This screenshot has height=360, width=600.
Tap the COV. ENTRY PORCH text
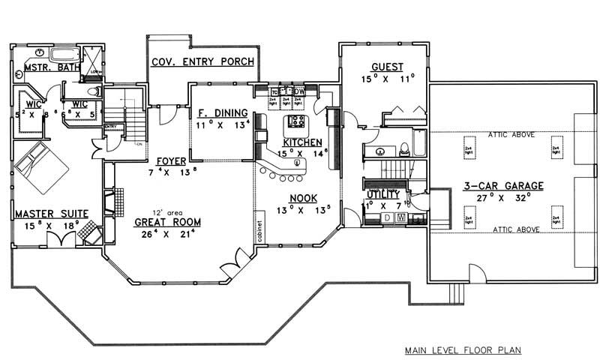202,61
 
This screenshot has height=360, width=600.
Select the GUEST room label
382,66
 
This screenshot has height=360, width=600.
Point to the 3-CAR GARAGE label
504,186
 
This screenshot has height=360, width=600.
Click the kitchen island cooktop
295,121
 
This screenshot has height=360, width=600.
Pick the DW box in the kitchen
298,92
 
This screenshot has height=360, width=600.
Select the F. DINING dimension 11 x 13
221,125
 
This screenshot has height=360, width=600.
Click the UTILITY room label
382,194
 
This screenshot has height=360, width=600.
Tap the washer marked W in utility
401,218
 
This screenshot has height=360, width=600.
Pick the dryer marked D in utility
387,218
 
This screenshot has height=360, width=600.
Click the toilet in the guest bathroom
403,148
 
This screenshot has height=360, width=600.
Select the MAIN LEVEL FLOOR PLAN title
463,349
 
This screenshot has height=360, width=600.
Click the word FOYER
171,161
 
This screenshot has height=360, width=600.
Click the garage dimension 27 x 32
504,198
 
